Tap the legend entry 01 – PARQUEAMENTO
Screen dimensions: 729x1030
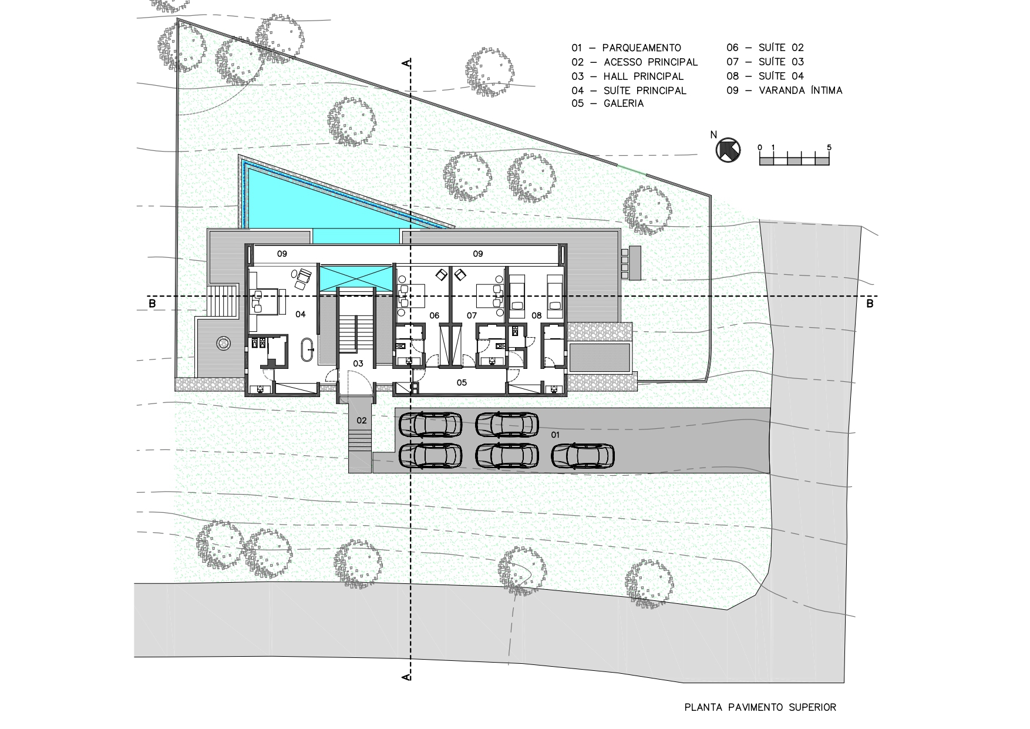626,48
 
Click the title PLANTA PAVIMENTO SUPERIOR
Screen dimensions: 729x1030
760,707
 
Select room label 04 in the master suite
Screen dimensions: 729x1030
300,314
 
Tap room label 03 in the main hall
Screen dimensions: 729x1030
358,364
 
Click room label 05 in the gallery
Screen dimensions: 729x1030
462,383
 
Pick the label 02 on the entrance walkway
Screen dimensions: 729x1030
361,421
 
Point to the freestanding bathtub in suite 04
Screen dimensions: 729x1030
307,349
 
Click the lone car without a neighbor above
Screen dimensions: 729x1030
583,456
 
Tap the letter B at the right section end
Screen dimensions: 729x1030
870,304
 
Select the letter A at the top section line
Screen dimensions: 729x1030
405,62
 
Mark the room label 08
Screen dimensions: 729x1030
536,316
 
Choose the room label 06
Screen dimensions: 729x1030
434,316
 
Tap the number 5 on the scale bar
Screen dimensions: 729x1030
829,147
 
